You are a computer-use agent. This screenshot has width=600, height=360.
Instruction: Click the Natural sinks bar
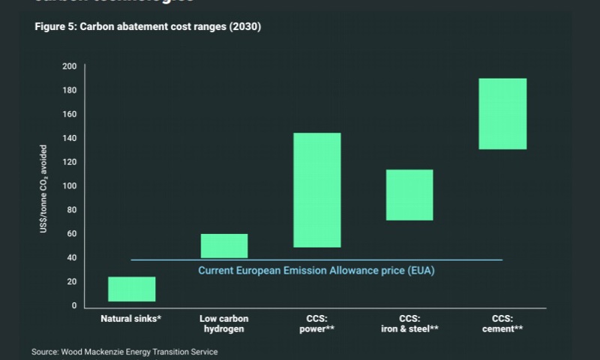coord(131,289)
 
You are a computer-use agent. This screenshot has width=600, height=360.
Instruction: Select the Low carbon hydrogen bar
coord(223,246)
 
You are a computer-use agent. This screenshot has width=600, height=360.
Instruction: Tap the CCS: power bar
coord(316,190)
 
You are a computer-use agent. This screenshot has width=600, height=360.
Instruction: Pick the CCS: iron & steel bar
coord(409,195)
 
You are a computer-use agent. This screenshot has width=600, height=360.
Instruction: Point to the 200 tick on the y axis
coord(70,67)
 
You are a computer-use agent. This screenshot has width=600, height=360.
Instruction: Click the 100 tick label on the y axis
coord(70,186)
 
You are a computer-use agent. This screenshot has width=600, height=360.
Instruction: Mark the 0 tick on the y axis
coord(73,306)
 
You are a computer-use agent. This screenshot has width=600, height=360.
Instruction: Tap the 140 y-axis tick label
coord(70,138)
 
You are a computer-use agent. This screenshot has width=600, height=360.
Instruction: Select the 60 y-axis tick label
coord(72,234)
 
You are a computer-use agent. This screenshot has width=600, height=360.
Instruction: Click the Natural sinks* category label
coord(131,318)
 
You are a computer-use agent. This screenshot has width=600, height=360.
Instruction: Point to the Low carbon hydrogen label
coord(223,323)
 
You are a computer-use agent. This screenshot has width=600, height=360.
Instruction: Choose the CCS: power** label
coord(316,323)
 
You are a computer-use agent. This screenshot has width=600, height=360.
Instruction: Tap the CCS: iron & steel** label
coord(409,323)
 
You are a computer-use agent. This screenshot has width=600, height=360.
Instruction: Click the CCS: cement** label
coord(502,323)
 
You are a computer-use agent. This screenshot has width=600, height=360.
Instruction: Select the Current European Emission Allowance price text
coord(316,270)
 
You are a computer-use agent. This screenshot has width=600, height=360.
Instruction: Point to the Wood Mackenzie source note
coord(124,351)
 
